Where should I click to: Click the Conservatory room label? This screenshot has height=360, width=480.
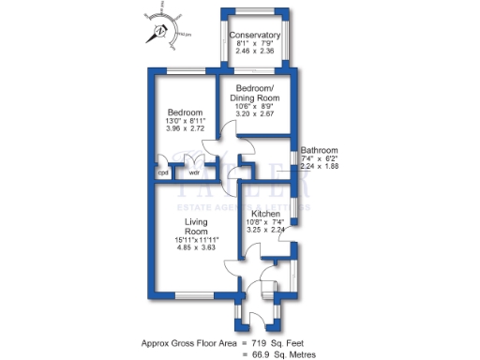(255, 35)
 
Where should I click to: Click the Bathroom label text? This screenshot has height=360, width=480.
(320, 150)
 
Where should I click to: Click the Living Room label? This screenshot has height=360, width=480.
(195, 226)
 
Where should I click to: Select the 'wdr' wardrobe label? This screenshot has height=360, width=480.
(194, 172)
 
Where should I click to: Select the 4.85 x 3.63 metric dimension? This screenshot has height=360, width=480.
(195, 247)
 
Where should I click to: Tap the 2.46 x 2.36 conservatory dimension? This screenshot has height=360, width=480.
(255, 52)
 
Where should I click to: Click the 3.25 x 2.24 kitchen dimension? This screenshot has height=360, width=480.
(265, 230)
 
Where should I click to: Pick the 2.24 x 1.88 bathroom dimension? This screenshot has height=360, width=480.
(320, 166)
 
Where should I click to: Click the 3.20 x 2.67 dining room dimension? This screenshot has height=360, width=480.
(255, 113)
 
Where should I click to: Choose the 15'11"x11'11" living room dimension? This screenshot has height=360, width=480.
(195, 239)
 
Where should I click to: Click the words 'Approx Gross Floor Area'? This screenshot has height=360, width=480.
(187, 342)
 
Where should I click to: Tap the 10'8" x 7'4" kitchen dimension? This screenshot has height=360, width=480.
(265, 222)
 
